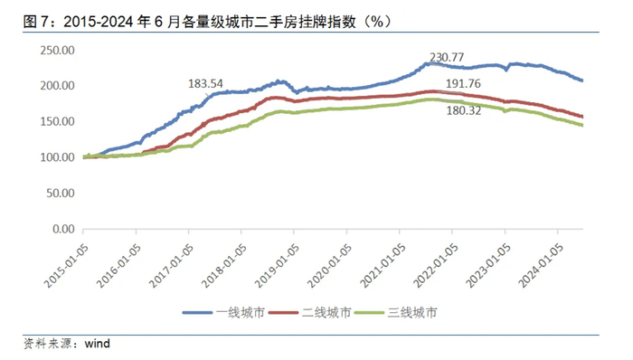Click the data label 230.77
coord(450,58)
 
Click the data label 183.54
coord(206,83)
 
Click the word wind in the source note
coord(96,343)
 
